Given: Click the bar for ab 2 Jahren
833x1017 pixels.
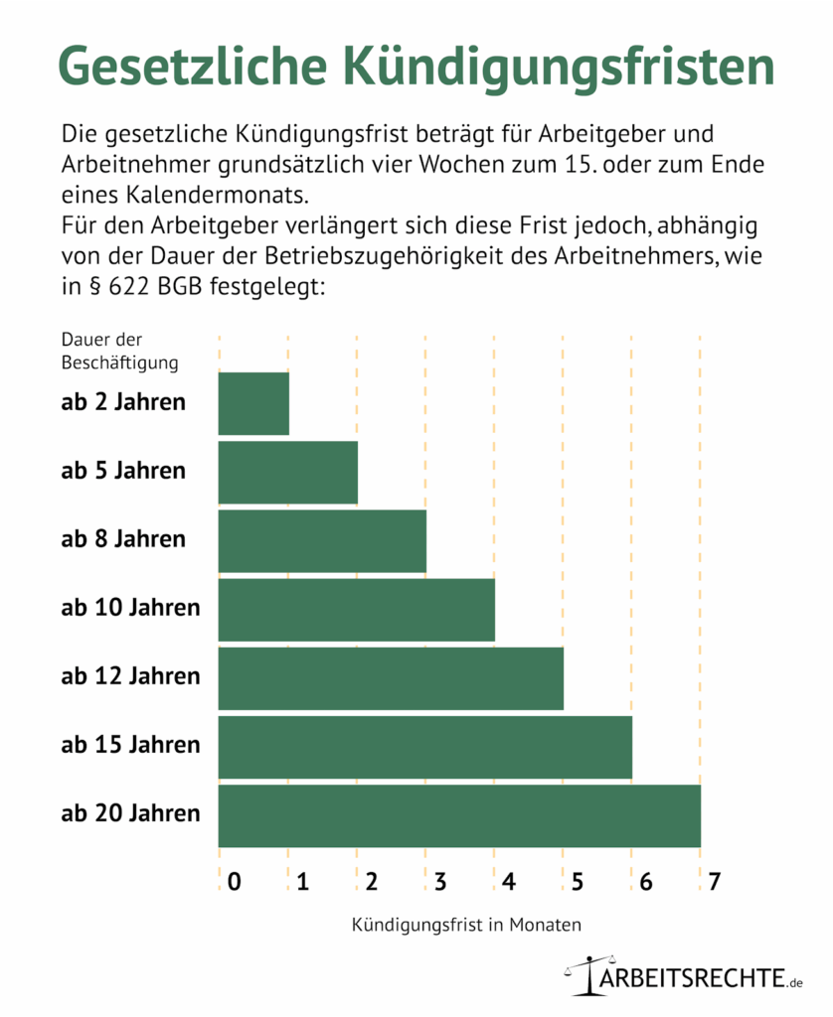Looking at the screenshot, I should (x=253, y=403).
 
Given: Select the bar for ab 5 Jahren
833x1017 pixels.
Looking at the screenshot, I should (x=287, y=472).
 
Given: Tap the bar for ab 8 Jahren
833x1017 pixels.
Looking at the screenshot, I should (x=322, y=540).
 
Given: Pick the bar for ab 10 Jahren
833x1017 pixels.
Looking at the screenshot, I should (x=356, y=609).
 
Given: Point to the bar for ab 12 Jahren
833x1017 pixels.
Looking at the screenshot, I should (x=391, y=677).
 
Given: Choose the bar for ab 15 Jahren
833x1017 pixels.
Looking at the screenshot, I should (x=424, y=746).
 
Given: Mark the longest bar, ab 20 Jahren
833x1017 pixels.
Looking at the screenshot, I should (x=459, y=814).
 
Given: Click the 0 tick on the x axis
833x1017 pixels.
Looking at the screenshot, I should (x=234, y=881).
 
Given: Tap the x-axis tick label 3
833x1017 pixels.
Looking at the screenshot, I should (x=439, y=881).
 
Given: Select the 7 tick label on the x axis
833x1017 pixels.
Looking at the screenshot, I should (x=713, y=881).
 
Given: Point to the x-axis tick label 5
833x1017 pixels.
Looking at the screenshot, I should (x=577, y=881).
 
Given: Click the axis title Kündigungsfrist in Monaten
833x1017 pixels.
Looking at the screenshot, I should (x=466, y=924).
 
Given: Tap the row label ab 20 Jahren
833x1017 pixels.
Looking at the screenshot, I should (x=130, y=813).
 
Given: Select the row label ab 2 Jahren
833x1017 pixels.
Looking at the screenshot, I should (x=123, y=402).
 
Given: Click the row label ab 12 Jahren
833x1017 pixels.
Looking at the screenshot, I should (x=130, y=676).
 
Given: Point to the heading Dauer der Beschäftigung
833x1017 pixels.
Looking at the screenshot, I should (x=119, y=351).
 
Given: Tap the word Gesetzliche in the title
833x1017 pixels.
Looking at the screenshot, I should (x=191, y=69).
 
